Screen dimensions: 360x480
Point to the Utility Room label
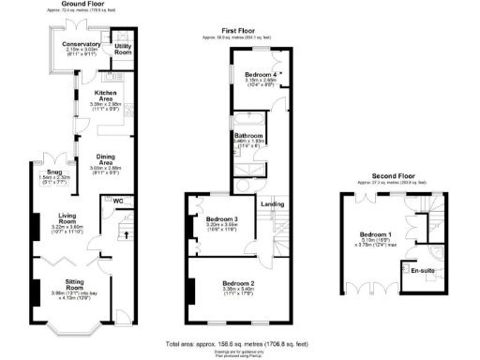pyautogui.click(x=122, y=47)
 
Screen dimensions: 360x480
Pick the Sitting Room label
pyautogui.click(x=73, y=284)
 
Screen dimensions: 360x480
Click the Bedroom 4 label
pyautogui.click(x=262, y=73)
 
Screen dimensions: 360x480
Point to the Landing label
pyautogui.click(x=272, y=203)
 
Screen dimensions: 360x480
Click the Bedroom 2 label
pyautogui.click(x=239, y=283)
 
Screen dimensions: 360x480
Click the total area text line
pyautogui.click(x=239, y=344)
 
